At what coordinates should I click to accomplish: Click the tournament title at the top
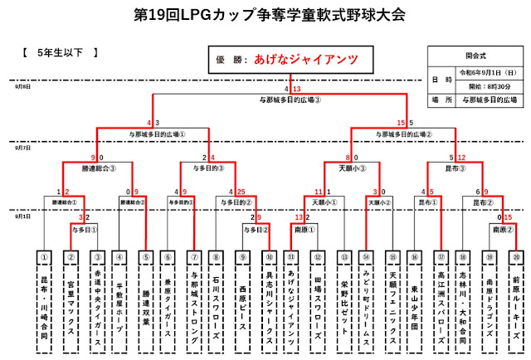coord(265,15)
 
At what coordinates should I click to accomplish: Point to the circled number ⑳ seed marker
coord(516,258)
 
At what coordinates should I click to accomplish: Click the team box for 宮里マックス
coord(71,299)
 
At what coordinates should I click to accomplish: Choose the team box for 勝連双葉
coord(146,299)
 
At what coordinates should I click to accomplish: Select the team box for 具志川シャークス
coord(269,299)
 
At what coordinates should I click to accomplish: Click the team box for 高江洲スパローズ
coord(441,299)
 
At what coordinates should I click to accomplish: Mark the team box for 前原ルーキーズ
coord(516,299)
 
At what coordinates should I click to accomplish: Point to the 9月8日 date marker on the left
coord(22,86)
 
